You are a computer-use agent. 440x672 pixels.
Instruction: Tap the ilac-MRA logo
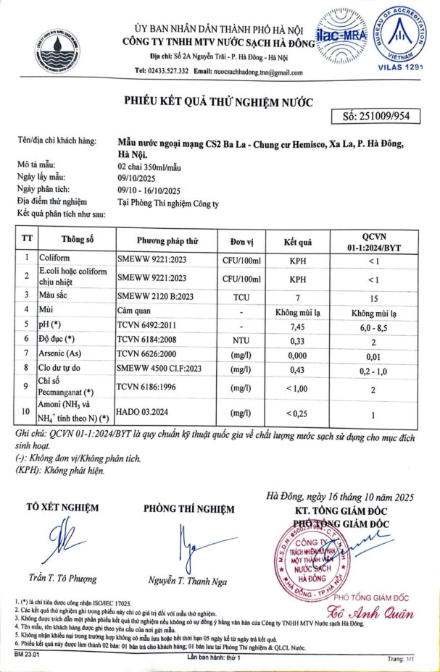coord(341,34)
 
